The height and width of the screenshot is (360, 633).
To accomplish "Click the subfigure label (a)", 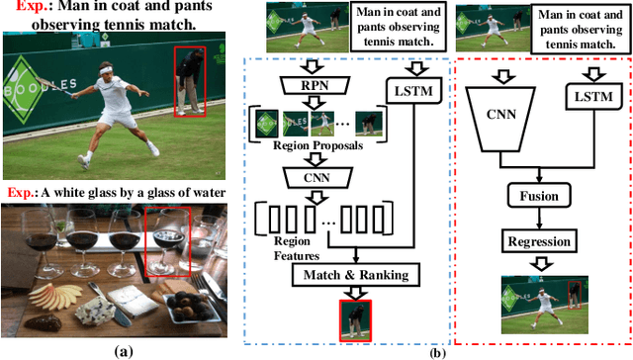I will coord(122,349).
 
